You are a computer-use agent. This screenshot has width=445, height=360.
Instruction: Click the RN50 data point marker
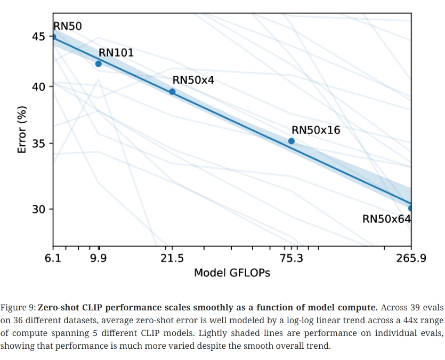(53, 37)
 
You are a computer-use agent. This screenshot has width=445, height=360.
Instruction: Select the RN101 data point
(98, 64)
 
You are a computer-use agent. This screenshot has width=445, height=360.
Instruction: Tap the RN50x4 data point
(172, 92)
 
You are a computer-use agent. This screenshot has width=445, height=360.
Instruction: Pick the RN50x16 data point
(291, 141)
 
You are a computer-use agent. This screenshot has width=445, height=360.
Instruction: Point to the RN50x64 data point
(410, 208)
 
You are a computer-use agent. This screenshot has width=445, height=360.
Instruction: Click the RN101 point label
(116, 53)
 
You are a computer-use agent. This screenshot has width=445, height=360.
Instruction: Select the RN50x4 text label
(193, 80)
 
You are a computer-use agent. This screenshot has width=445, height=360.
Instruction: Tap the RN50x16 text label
(315, 130)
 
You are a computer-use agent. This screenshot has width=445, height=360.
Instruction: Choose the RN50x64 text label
(386, 219)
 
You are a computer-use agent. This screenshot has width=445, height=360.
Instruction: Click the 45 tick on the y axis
(39, 37)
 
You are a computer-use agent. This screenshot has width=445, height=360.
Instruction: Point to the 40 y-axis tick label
(39, 86)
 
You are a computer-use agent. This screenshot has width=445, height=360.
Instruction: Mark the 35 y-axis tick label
(39, 144)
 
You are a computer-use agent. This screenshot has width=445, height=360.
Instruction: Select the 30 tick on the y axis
(39, 209)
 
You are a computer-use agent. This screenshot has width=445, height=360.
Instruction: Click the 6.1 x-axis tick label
(53, 259)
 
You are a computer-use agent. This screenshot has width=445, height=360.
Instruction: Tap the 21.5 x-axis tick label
(172, 259)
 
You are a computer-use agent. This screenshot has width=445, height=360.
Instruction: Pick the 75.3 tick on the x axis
(291, 259)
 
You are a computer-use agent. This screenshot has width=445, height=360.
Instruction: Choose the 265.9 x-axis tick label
(411, 259)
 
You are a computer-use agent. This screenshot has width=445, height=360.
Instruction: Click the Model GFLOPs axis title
(232, 273)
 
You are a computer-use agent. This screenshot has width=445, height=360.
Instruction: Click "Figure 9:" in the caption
(18, 308)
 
